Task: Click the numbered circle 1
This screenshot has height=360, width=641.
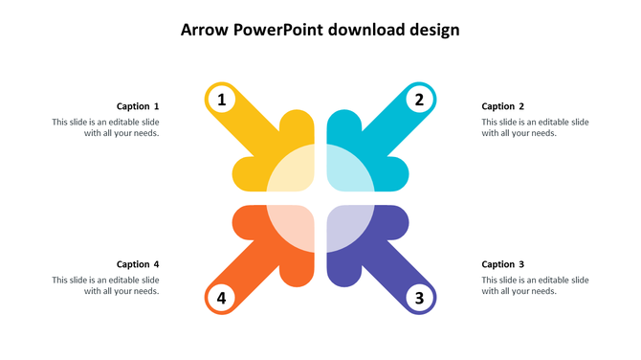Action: coord(222,99)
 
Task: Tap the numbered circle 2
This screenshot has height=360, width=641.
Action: coord(419,99)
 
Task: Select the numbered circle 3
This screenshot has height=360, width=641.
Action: coord(419,298)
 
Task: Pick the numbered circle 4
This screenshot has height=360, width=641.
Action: coord(222,298)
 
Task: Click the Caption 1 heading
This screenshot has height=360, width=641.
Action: coord(138,106)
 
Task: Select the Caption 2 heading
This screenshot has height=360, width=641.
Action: coord(503,106)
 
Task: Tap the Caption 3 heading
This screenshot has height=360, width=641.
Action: coord(503,264)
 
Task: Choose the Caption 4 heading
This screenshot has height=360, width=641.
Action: coord(138,264)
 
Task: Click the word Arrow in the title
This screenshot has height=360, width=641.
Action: coord(204,30)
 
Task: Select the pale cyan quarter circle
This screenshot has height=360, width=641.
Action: coord(346,170)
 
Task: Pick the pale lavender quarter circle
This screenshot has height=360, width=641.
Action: coord(346,226)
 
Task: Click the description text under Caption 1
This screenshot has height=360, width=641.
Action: coord(106,127)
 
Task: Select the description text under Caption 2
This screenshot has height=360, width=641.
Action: coord(535,127)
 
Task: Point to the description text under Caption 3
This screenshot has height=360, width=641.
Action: coord(535,285)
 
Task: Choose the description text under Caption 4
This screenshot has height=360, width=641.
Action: coord(106,285)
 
